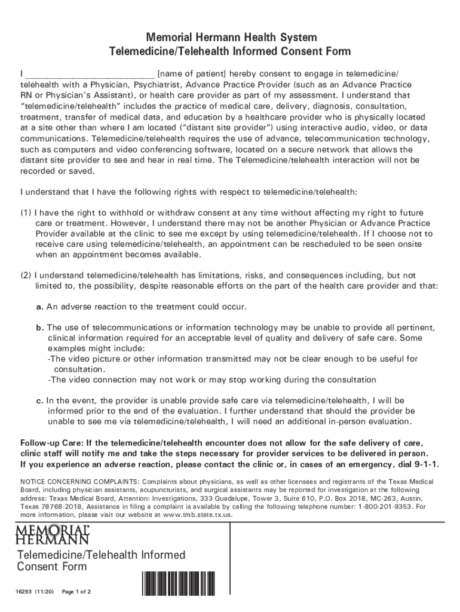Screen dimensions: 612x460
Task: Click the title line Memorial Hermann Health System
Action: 229,38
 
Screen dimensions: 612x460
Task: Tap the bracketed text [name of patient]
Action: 191,74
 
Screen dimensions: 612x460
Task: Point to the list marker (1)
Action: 26,213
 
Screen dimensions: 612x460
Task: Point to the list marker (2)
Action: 26,276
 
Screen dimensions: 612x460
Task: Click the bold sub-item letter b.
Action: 39,328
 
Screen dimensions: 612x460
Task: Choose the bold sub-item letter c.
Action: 39,400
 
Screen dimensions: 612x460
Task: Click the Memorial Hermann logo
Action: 54,535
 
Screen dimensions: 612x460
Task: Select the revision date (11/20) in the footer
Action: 46,592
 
